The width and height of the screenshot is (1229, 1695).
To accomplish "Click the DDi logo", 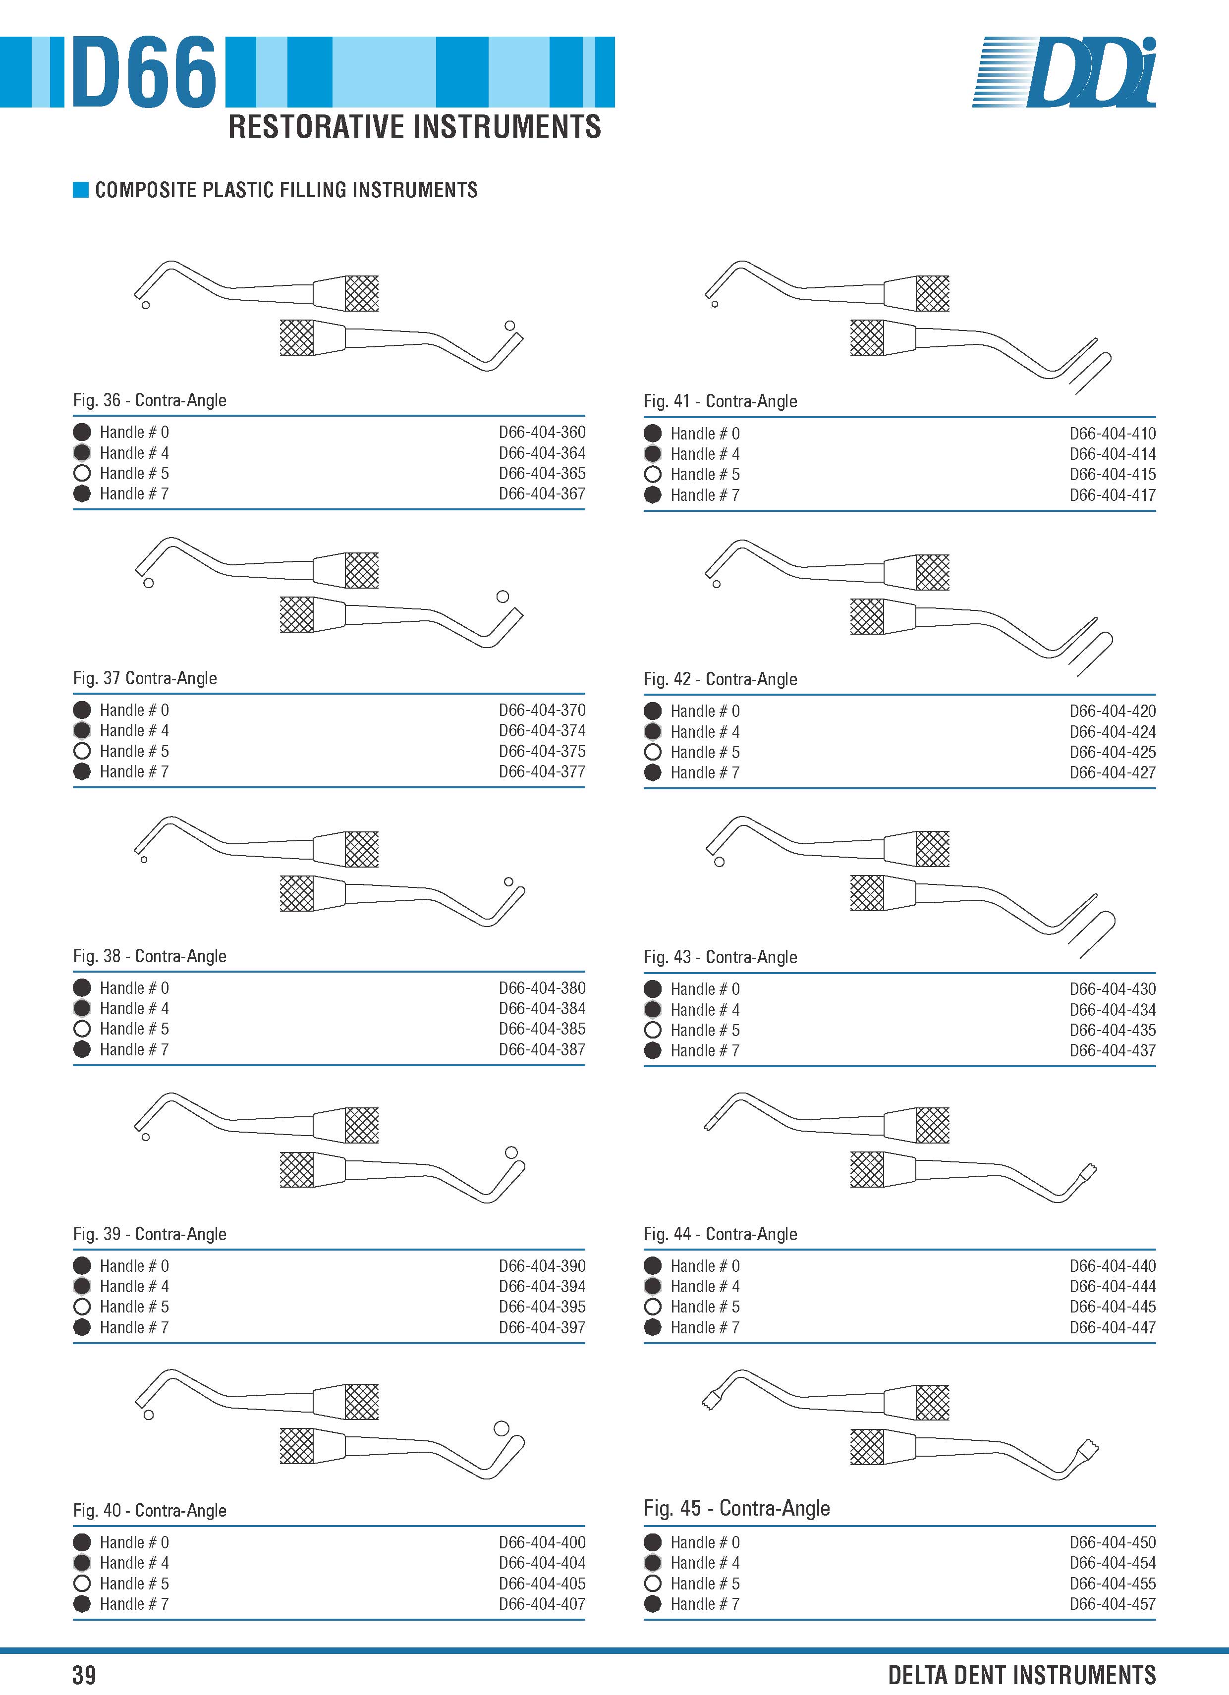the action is pos(1064,72).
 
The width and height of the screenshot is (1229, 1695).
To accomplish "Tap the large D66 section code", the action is pos(144,72).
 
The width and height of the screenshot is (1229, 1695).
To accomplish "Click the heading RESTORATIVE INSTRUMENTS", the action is pos(414,127).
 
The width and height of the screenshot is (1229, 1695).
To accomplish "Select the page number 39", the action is pos(84,1675).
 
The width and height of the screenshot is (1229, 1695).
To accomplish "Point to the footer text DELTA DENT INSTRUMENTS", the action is pos(1022,1675).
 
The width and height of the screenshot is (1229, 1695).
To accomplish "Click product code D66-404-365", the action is pos(542,473).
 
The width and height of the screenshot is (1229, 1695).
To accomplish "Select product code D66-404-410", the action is pos(1113,434).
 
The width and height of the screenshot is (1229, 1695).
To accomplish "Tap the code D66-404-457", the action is pos(1113,1604).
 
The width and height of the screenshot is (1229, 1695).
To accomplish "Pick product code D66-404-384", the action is pos(542,1008).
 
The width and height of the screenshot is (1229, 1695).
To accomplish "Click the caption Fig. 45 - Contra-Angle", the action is pos(736,1508).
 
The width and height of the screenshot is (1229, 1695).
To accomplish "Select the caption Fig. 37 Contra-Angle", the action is pos(145,678).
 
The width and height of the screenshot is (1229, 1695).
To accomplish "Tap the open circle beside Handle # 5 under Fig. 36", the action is pos(82,473).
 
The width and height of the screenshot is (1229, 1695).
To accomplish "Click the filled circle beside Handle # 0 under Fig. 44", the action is pos(653,1265).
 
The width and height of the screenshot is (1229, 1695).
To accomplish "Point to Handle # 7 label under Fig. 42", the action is pos(705,773).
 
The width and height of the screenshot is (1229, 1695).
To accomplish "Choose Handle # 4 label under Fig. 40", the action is pos(135,1563).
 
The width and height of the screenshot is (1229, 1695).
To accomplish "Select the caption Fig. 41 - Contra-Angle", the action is pos(720,401).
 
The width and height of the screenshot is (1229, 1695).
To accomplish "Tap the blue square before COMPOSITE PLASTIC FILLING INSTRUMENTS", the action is pos(81,190).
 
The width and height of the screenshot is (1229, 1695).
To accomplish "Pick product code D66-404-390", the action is pos(542,1266).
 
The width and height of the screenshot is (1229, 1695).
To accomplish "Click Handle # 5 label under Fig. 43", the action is pos(705,1030).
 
